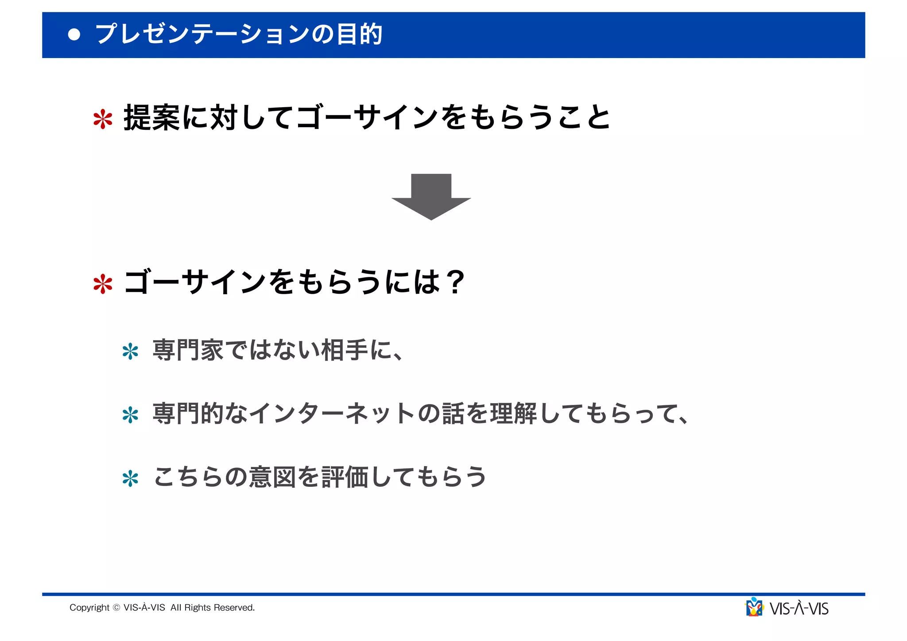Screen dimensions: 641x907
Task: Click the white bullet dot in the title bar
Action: coord(74,35)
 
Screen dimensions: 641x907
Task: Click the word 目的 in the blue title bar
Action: coord(359,35)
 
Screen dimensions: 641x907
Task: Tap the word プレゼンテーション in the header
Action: coord(202,35)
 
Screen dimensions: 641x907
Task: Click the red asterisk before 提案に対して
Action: coord(103,119)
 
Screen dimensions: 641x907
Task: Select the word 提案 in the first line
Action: coord(151,118)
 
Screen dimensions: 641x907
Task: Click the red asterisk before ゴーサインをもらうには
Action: coord(103,284)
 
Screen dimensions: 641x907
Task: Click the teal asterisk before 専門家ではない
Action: coord(130,352)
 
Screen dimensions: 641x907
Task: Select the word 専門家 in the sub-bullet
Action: coord(188,350)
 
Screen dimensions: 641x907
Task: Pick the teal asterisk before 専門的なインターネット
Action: coord(130,415)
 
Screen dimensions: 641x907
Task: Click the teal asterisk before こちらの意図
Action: coord(130,479)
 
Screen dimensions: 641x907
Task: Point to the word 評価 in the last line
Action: coord(345,477)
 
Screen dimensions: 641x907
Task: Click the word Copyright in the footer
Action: coord(89,608)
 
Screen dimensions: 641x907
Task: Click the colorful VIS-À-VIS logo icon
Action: coord(754,607)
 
